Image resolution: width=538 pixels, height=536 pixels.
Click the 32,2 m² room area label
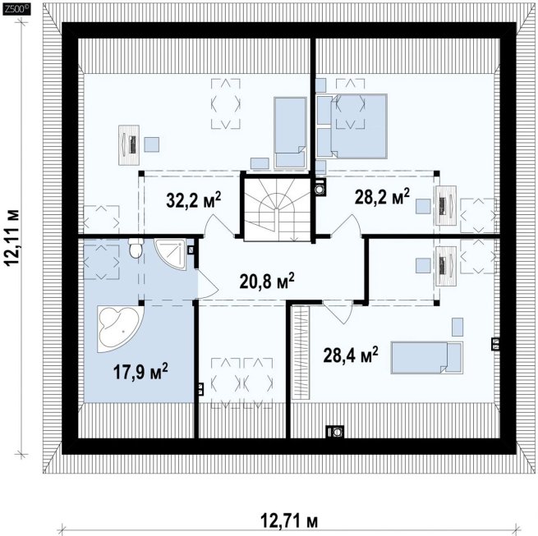[194, 200]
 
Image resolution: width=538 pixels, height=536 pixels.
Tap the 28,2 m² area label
[382, 196]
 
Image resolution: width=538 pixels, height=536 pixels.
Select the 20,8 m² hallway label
[267, 282]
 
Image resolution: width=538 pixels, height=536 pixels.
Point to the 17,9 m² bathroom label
[140, 372]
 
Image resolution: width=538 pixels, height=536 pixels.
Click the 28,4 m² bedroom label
[351, 355]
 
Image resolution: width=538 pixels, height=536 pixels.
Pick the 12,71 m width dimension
[289, 521]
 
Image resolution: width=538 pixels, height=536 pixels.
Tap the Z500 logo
[16, 10]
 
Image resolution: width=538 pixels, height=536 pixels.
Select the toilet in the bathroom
[136, 248]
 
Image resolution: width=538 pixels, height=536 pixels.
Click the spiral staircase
[278, 208]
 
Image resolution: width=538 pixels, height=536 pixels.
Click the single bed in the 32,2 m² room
[290, 133]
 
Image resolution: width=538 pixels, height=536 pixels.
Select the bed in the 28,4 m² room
[426, 357]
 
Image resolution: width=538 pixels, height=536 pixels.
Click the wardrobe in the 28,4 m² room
[301, 352]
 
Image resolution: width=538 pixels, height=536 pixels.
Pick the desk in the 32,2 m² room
[129, 145]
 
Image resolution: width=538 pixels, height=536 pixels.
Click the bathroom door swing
[207, 283]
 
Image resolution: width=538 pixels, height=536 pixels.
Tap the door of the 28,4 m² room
[338, 312]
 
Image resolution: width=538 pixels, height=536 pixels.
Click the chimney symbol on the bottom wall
[334, 432]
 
